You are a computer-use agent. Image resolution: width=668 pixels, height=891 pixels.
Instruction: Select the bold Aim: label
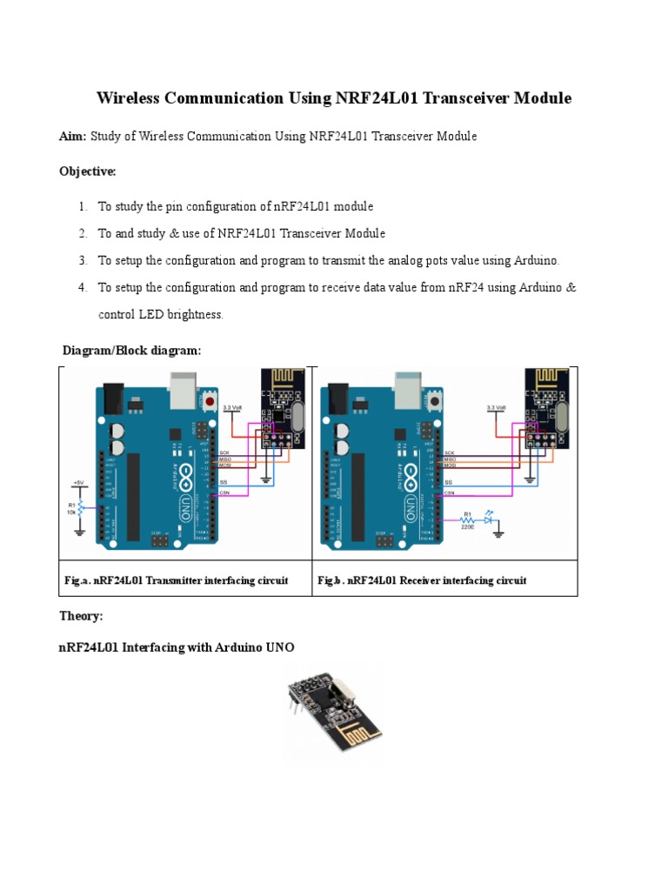[x=73, y=137]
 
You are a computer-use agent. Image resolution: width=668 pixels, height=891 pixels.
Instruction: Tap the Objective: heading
[x=87, y=171]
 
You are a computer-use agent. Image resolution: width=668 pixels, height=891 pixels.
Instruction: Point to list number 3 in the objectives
[x=83, y=260]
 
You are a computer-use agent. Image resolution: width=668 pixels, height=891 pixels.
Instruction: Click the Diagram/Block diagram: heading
[x=131, y=350]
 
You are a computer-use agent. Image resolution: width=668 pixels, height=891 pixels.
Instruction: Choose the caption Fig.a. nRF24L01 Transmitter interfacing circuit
[x=176, y=580]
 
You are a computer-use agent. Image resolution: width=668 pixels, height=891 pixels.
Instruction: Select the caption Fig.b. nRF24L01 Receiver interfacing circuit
[x=422, y=580]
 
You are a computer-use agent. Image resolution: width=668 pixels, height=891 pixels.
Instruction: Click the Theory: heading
[x=81, y=616]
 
